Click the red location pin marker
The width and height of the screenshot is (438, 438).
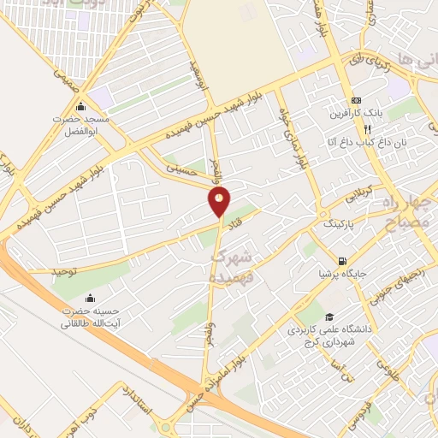[220, 202]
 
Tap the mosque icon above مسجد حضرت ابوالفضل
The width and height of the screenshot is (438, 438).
[81, 106]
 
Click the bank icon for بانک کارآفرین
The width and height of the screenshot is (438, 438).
[357, 100]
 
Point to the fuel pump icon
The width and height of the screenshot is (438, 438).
[343, 262]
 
